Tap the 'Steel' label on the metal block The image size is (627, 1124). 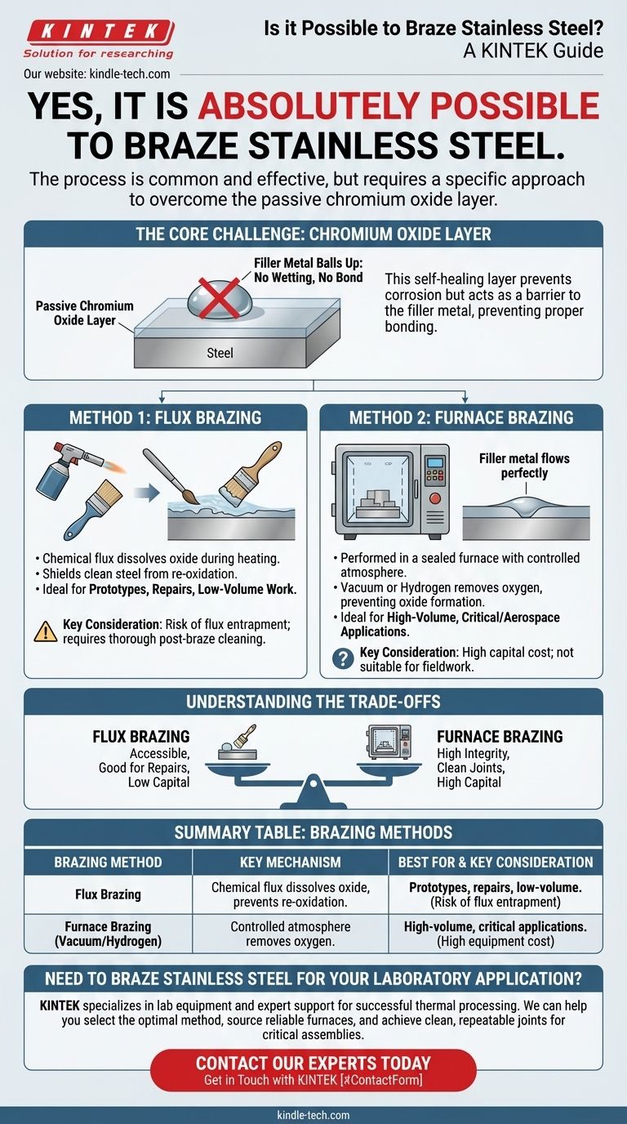coord(220,353)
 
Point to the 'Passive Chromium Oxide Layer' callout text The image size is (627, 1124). coord(84,313)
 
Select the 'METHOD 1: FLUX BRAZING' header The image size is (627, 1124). coord(165,417)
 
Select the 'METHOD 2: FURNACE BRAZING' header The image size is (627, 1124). coord(460,417)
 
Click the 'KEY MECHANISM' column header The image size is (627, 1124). coord(290,862)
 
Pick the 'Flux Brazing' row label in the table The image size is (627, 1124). coord(108,894)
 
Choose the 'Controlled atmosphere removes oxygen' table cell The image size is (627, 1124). coord(290,934)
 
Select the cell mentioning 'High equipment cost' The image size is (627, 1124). coord(496,934)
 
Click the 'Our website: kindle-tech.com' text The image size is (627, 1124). coord(97,74)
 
